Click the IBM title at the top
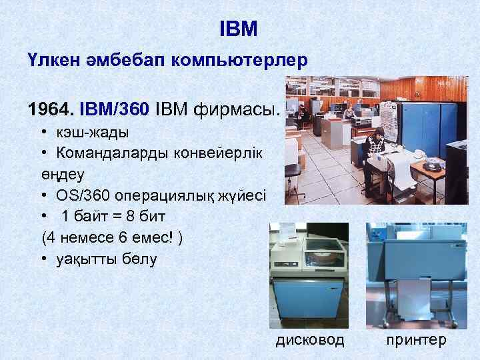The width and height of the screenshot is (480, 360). pyautogui.click(x=239, y=29)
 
